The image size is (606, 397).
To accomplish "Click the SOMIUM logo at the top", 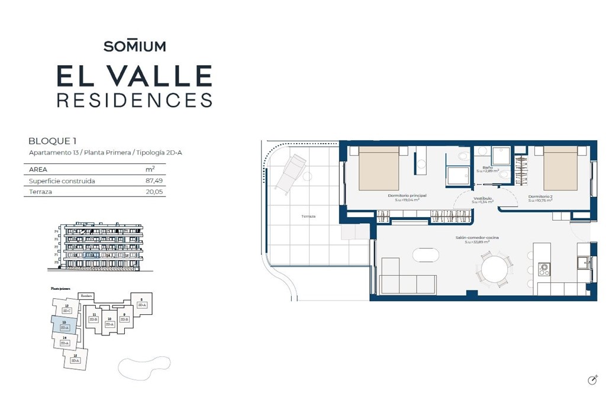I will tap(134, 46).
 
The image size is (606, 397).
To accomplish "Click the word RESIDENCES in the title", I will tap(134, 99).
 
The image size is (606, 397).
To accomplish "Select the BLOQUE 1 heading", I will tap(53, 141).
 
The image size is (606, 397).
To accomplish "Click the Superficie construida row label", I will tap(62, 180).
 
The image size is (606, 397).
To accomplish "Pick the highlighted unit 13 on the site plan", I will tap(63, 324).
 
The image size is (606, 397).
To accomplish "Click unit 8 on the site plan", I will tap(141, 302).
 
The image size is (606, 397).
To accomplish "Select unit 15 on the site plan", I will tap(75, 357).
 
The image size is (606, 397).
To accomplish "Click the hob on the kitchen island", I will tap(544, 269).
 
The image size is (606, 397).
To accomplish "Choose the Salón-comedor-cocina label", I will tap(477, 238).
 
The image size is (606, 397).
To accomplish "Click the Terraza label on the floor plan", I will tap(308, 217).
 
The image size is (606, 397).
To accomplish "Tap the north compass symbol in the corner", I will tap(591, 380).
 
